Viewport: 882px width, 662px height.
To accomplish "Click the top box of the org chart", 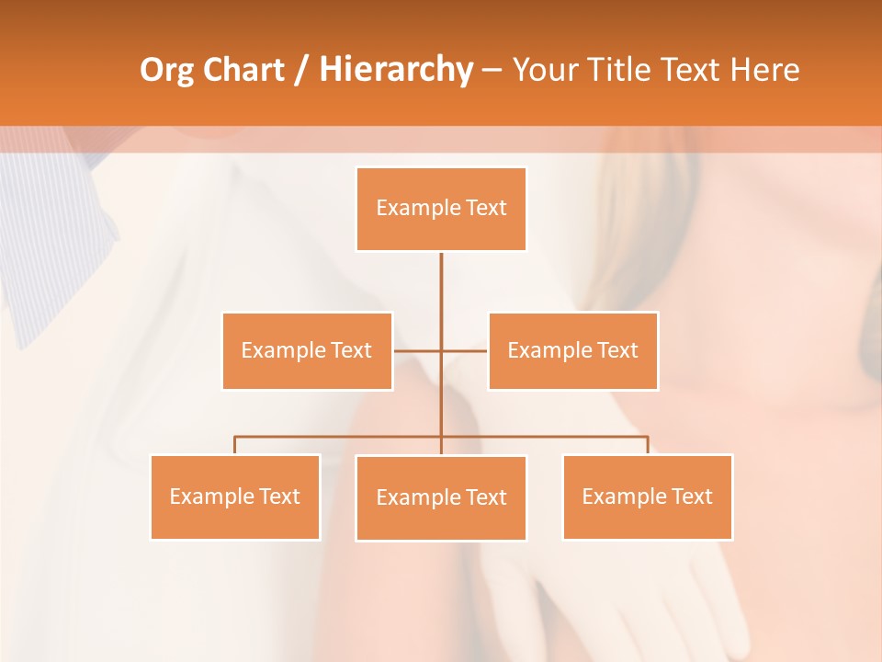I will tap(441, 209).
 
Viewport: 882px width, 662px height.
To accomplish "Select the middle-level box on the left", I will tap(307, 350).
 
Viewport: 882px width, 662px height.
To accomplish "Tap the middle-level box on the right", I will tap(572, 350).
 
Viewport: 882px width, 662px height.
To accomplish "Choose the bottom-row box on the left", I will tap(235, 496).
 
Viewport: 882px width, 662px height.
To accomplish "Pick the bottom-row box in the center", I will tap(441, 497).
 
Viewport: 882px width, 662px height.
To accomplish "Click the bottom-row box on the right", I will tap(647, 496).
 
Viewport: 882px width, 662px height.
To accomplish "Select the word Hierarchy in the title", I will tap(395, 70).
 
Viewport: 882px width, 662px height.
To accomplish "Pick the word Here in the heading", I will tap(764, 70).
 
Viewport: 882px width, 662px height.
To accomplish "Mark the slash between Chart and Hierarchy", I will tap(301, 71).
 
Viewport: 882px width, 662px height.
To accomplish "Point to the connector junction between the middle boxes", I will tap(441, 350).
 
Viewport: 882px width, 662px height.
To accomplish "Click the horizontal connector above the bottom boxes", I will tap(340, 437).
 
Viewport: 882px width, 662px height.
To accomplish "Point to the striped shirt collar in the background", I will tap(55, 239).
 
